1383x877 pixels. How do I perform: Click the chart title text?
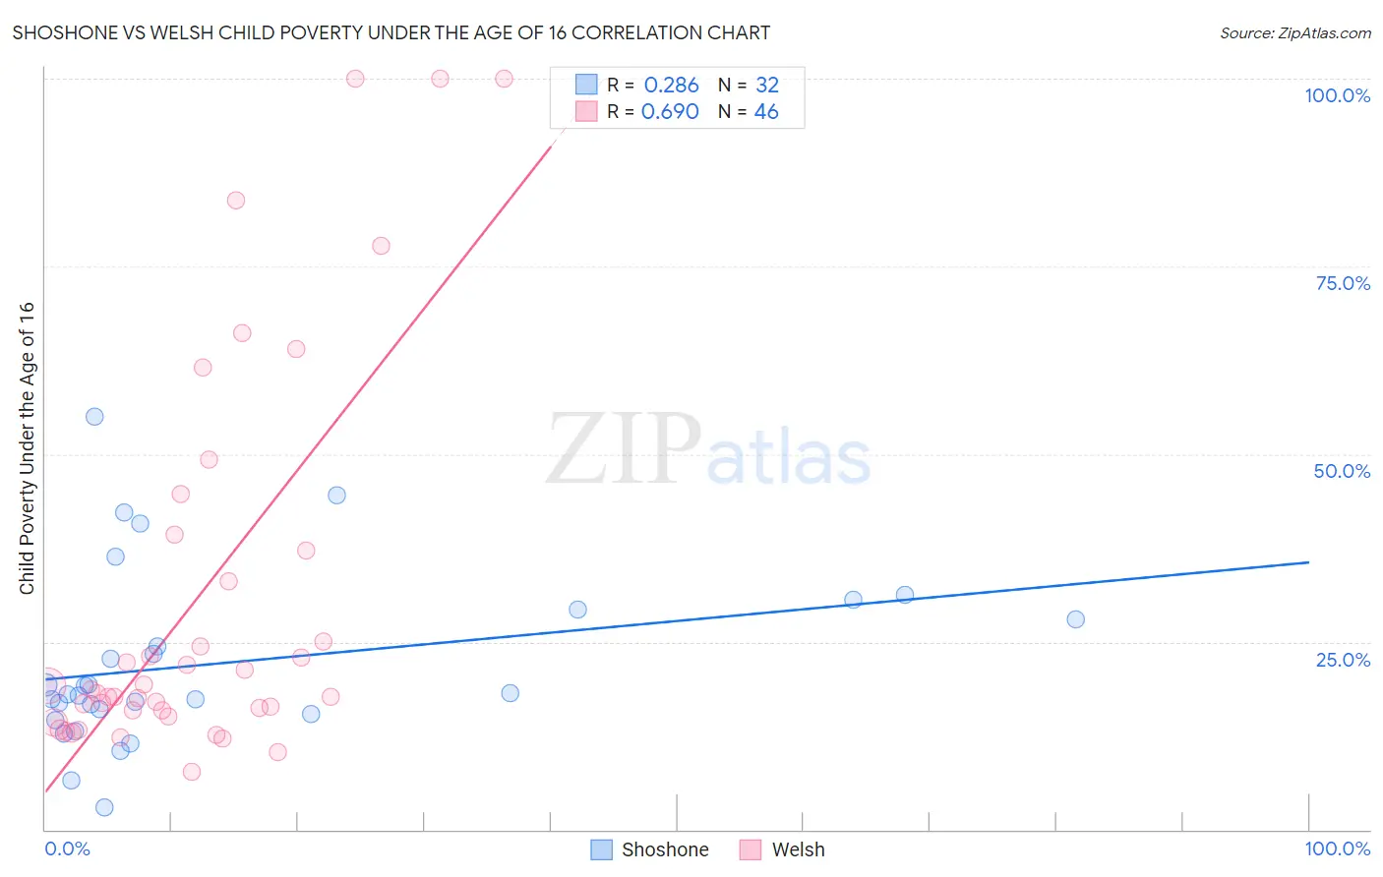[x=391, y=32]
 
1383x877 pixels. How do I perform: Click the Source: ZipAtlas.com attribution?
[x=1294, y=32]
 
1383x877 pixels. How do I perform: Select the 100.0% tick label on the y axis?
[x=1337, y=95]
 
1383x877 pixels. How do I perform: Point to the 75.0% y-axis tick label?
[x=1343, y=283]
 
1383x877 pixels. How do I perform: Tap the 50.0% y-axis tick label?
[x=1342, y=471]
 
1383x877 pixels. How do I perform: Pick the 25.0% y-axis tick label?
[x=1343, y=659]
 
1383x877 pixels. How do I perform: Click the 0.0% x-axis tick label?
[x=67, y=848]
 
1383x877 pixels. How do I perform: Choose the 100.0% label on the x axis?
[x=1337, y=848]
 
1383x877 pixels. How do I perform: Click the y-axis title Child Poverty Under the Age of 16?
[x=28, y=447]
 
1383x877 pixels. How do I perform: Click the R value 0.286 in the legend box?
[x=671, y=86]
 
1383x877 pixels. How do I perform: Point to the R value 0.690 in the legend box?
[x=670, y=112]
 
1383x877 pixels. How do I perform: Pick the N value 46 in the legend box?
[x=766, y=112]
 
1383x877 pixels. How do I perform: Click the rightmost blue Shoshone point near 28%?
[x=1075, y=619]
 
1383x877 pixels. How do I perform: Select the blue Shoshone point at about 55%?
[x=94, y=416]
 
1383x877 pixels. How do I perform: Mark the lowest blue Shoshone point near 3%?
[x=104, y=807]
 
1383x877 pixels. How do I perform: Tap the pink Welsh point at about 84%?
[x=236, y=201]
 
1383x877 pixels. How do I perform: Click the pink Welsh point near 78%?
[x=381, y=246]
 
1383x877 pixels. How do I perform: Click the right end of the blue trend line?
[x=1308, y=561]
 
